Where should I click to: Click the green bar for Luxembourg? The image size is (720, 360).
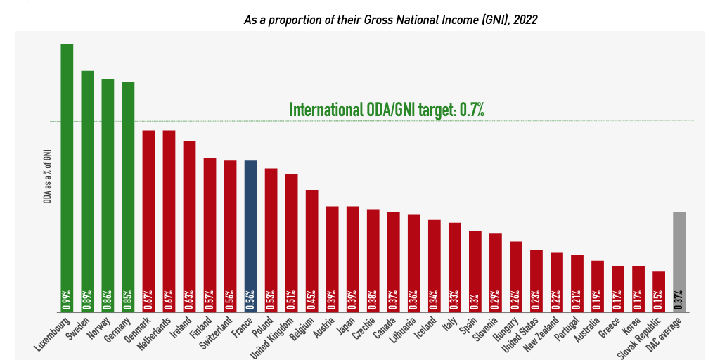pos(67,176)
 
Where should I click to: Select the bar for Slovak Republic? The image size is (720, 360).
pos(658,291)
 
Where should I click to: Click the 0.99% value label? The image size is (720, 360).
pos(67,300)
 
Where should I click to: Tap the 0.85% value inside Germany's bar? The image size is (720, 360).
pos(128,300)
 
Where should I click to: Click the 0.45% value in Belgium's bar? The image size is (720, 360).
pos(311,300)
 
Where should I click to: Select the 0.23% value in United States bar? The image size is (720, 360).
pos(536,300)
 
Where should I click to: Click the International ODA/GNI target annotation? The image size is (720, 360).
pos(387,110)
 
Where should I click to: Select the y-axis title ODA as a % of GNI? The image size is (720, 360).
pos(47,176)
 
